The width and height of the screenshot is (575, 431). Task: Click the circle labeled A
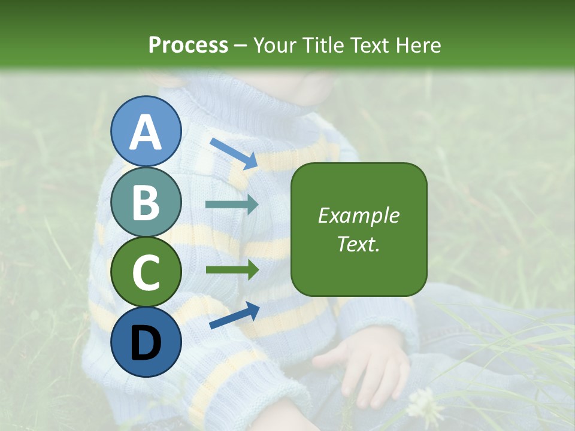click(x=146, y=131)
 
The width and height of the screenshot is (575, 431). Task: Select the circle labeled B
click(x=146, y=202)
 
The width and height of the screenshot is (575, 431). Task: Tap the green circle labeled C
click(x=146, y=272)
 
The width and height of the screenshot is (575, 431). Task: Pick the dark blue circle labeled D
click(x=146, y=342)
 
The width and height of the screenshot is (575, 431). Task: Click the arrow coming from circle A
click(x=234, y=153)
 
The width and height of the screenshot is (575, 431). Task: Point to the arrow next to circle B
click(x=232, y=205)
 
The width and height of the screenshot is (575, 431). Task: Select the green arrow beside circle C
click(x=232, y=269)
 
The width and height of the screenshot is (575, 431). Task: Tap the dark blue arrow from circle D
click(x=234, y=316)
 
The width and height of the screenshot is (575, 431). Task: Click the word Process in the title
click(x=188, y=45)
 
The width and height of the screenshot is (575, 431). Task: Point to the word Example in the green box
click(x=358, y=215)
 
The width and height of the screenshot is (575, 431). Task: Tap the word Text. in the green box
click(x=358, y=244)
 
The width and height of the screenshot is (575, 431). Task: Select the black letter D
click(x=146, y=343)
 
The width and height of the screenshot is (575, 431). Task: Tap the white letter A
click(x=146, y=132)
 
